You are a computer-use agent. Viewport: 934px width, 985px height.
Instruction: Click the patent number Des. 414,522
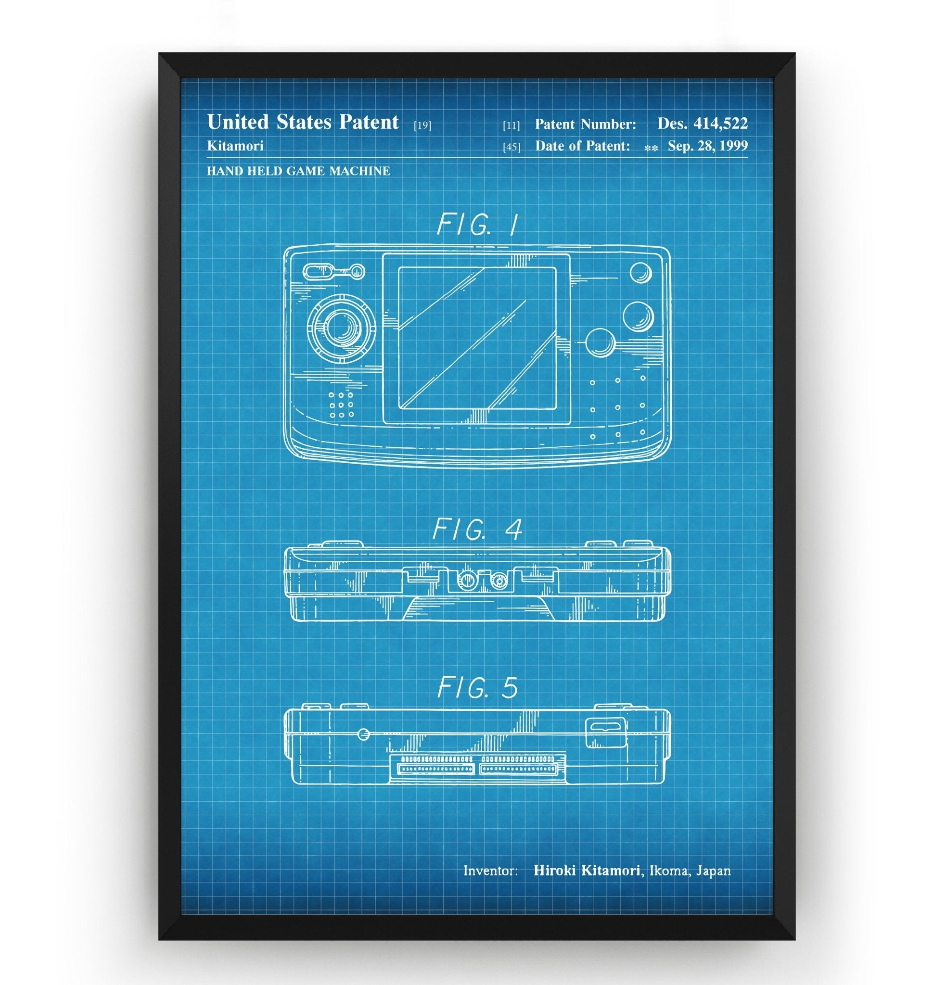click(702, 124)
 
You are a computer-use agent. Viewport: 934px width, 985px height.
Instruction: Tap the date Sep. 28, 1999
click(707, 146)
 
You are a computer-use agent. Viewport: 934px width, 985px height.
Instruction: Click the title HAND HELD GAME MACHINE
click(298, 171)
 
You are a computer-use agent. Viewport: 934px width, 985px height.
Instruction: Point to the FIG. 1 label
click(477, 225)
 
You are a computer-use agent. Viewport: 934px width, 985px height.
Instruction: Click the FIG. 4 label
click(477, 529)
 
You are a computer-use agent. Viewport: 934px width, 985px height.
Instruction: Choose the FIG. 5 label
click(477, 688)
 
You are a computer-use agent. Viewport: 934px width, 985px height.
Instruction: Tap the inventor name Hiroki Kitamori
click(587, 871)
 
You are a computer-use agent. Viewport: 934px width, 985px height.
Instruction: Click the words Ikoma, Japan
click(690, 871)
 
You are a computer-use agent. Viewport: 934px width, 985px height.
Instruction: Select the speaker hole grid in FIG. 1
click(341, 404)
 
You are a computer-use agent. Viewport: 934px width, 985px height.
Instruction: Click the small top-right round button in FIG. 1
click(640, 272)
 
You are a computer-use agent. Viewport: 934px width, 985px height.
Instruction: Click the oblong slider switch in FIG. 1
click(318, 272)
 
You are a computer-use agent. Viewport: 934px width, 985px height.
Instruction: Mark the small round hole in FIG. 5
click(364, 733)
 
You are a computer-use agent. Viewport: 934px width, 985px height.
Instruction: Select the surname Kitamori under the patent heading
click(235, 146)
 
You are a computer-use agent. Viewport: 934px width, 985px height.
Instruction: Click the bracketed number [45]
click(512, 147)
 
